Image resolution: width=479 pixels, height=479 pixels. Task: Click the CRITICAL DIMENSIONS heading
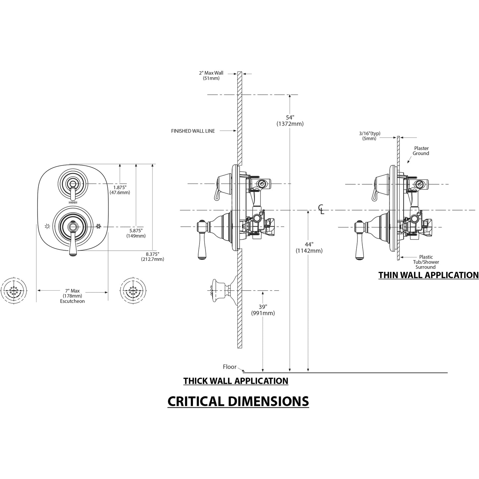point(238,401)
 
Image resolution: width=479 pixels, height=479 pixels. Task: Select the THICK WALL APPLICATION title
point(236,381)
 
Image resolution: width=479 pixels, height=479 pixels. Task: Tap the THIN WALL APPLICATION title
point(428,275)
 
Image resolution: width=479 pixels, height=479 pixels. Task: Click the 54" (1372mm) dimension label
point(290,121)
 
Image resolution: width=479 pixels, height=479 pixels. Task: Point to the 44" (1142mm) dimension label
point(309,248)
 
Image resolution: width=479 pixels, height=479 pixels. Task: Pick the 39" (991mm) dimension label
point(263,310)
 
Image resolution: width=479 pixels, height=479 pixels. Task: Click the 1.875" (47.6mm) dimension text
point(120,190)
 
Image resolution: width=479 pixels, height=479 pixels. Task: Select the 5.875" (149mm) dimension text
point(136,233)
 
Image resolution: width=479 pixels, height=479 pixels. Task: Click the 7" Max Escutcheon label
point(72,296)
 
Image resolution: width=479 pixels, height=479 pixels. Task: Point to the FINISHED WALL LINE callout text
point(193,131)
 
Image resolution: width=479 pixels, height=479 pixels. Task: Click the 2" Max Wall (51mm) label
point(211,76)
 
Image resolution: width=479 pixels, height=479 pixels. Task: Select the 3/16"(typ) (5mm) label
point(370,136)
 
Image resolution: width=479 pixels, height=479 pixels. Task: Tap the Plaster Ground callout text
point(421,151)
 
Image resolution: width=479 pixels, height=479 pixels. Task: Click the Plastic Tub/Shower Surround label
point(426,262)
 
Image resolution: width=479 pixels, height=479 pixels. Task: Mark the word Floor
point(229,367)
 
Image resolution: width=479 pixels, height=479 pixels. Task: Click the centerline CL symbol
point(321,210)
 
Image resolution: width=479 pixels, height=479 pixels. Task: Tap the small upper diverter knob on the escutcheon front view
point(72,184)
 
